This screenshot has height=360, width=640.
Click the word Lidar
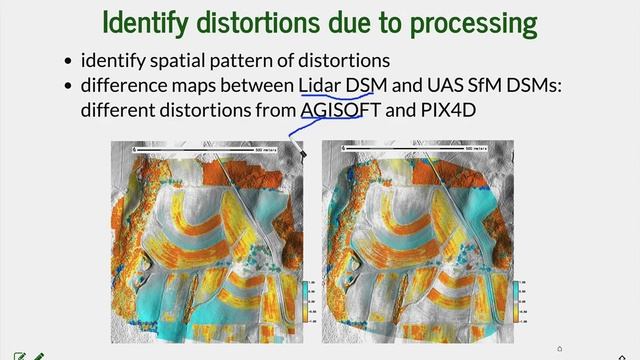coord(320,87)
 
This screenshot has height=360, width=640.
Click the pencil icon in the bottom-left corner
coord(38,355)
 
